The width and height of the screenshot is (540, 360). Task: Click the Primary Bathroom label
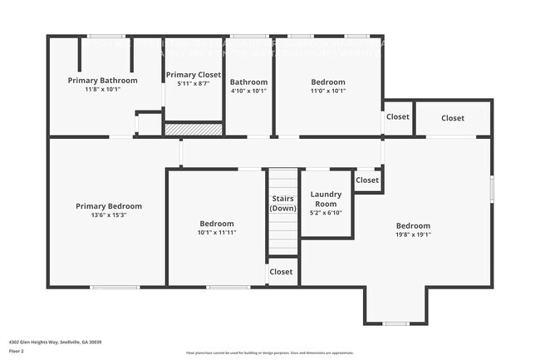pyautogui.click(x=102, y=81)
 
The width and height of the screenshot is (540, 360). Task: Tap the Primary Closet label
pyautogui.click(x=194, y=75)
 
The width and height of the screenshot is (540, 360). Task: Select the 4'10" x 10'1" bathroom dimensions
pyautogui.click(x=248, y=91)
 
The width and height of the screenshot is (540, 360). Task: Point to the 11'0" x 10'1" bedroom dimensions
pyautogui.click(x=328, y=91)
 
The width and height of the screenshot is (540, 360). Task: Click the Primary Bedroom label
pyautogui.click(x=109, y=206)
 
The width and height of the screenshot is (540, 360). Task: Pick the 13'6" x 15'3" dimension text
pyautogui.click(x=109, y=215)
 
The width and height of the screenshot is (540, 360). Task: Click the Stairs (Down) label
pyautogui.click(x=282, y=204)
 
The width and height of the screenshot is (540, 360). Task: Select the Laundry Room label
pyautogui.click(x=326, y=199)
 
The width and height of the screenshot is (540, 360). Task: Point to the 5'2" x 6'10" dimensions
pyautogui.click(x=326, y=213)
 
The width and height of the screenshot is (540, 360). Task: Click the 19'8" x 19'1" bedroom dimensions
pyautogui.click(x=413, y=234)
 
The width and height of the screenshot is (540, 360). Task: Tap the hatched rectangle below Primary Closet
pyautogui.click(x=194, y=129)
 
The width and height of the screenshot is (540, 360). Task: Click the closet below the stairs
pyautogui.click(x=281, y=272)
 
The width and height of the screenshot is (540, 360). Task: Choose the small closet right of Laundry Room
pyautogui.click(x=367, y=180)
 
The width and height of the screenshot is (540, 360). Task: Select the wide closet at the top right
pyautogui.click(x=453, y=118)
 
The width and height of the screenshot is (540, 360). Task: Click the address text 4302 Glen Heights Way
pyautogui.click(x=49, y=342)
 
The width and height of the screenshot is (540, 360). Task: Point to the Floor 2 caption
pyautogui.click(x=17, y=352)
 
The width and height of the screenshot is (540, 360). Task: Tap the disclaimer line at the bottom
pyautogui.click(x=269, y=353)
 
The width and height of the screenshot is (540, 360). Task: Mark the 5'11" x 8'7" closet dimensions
pyautogui.click(x=194, y=83)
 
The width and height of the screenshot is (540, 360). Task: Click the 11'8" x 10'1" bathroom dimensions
pyautogui.click(x=102, y=90)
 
